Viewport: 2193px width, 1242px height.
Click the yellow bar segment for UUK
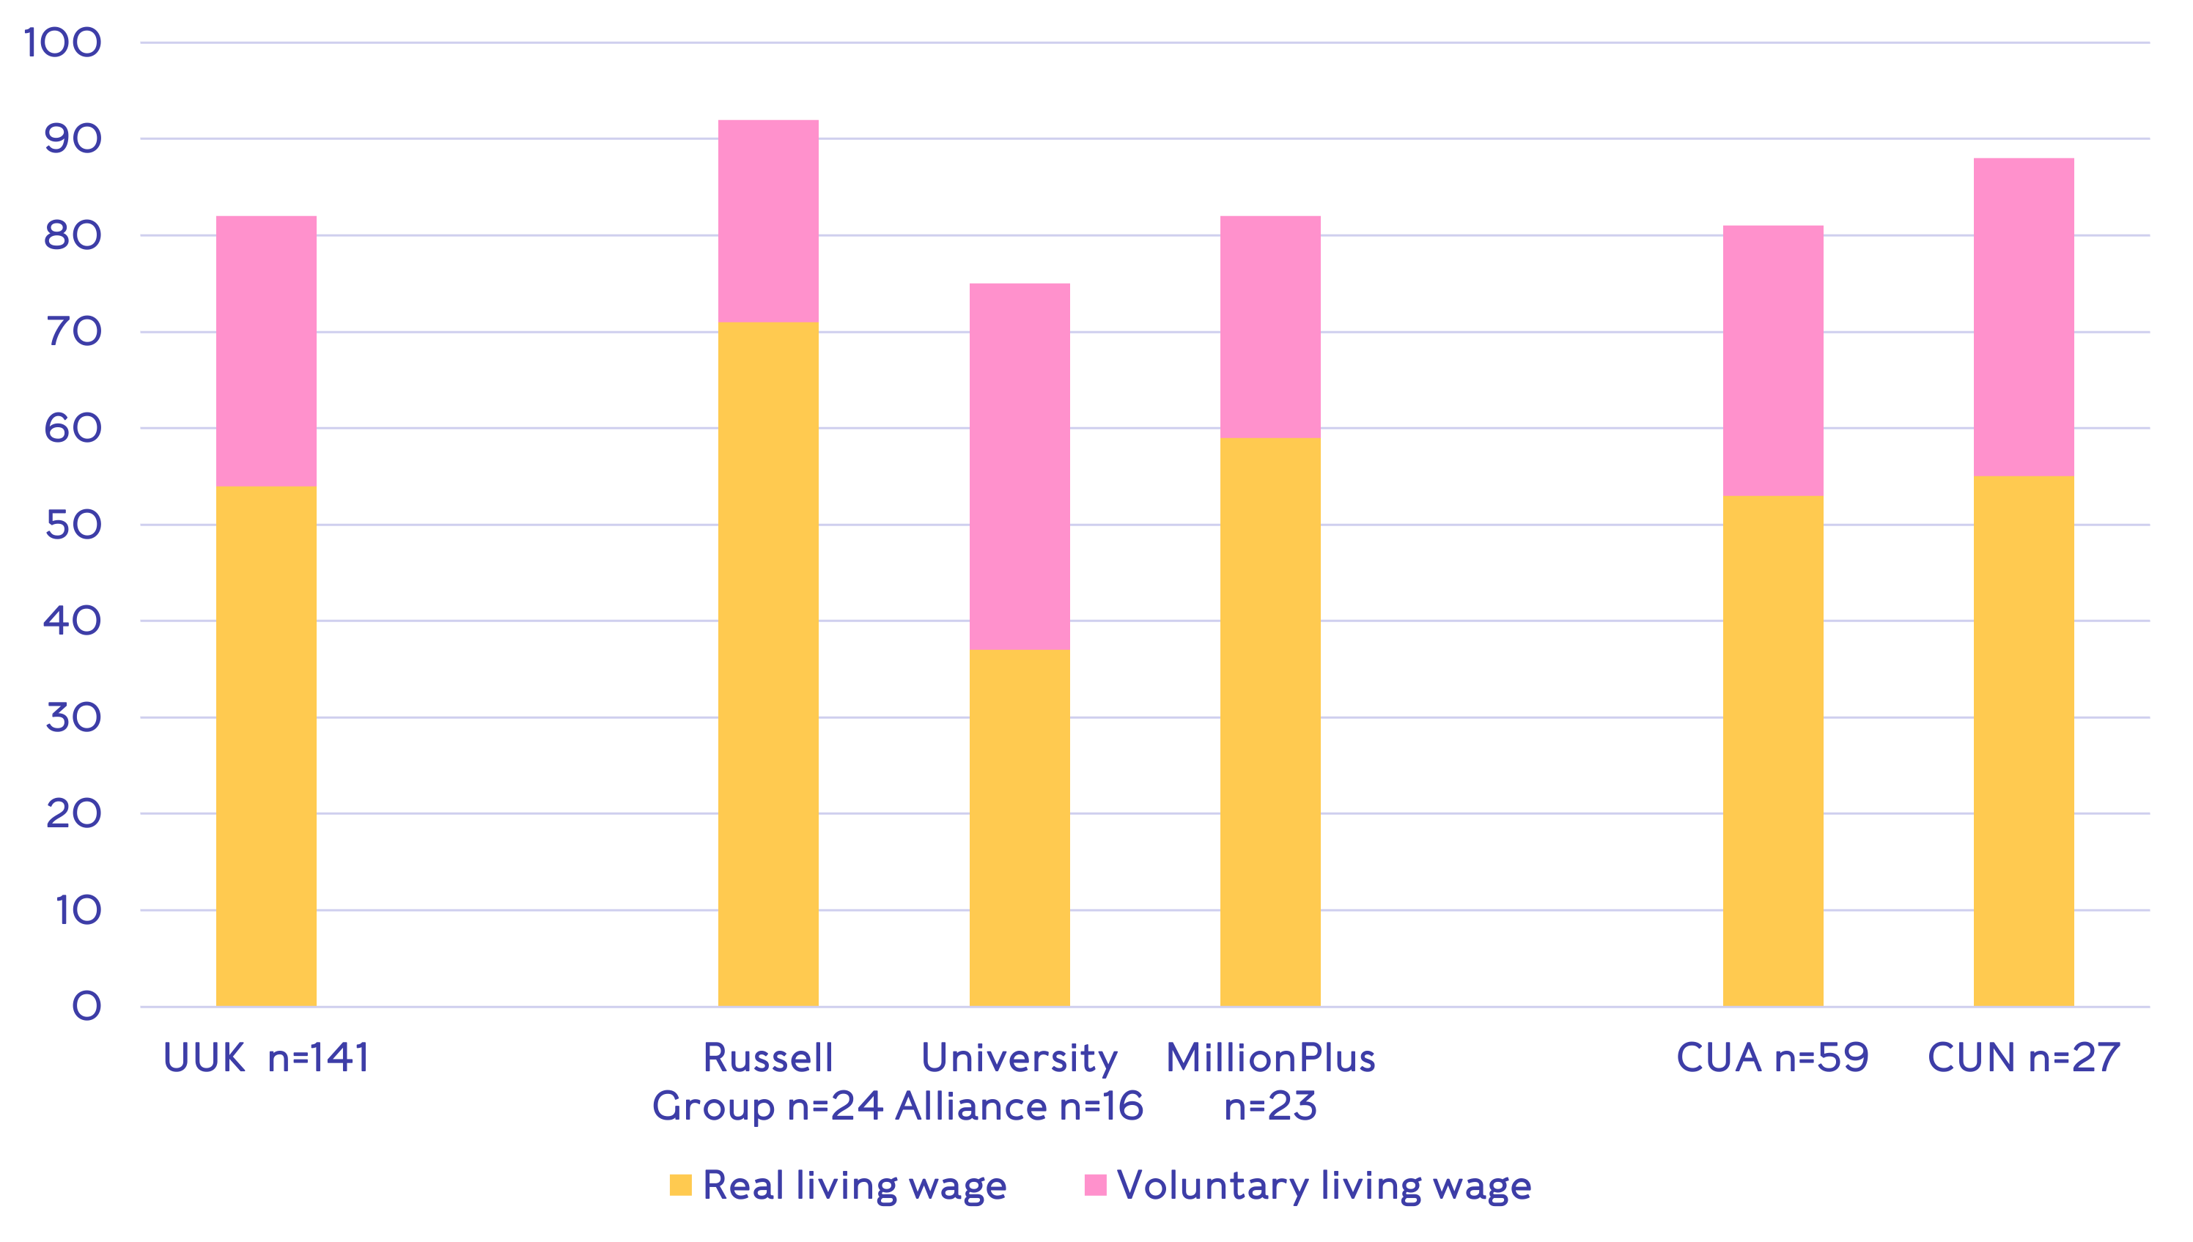(266, 747)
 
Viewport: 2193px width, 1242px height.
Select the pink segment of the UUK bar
(266, 350)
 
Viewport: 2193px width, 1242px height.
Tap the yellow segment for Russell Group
(767, 664)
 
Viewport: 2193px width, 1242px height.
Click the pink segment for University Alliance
(1020, 466)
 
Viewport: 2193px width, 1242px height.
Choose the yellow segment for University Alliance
(1020, 827)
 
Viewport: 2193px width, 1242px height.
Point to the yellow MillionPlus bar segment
(1270, 722)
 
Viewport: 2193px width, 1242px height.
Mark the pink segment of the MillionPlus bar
(1270, 327)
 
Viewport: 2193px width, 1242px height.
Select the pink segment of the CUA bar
(1772, 360)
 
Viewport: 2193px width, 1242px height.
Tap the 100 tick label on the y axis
(63, 42)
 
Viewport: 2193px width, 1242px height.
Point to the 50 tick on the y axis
(73, 525)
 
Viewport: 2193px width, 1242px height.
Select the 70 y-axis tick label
(73, 332)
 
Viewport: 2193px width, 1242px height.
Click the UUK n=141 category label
(266, 1059)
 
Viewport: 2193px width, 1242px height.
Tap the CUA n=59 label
(1772, 1059)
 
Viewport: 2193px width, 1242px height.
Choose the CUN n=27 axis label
(2023, 1059)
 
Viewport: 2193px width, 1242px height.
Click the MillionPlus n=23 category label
(1270, 1082)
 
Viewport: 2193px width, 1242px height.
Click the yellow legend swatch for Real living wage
(680, 1185)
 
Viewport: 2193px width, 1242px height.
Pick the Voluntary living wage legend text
(1324, 1185)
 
